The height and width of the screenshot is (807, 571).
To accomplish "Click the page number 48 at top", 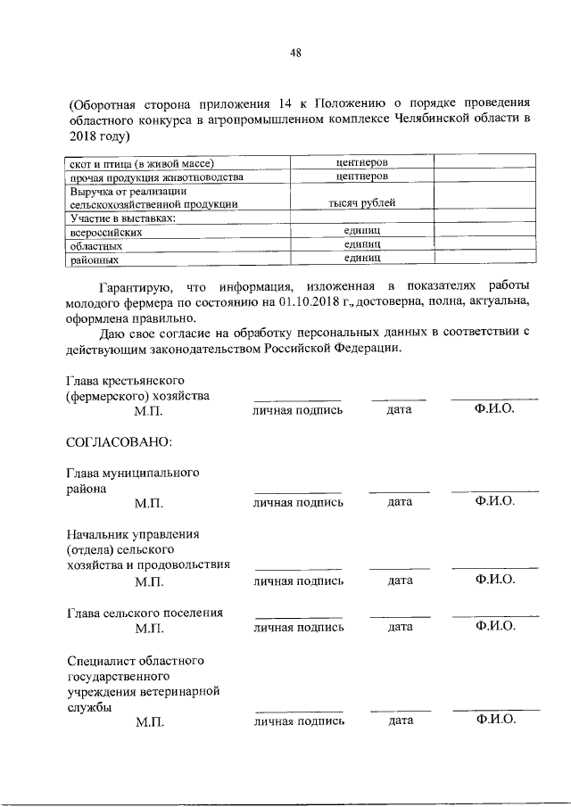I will click(x=295, y=53).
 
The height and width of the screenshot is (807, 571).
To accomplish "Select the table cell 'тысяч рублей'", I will click(x=361, y=203).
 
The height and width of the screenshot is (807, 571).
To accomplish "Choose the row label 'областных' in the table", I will click(x=95, y=245).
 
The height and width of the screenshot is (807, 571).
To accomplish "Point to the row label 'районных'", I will click(x=94, y=259).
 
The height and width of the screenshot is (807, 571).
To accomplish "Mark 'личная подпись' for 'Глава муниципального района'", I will click(x=298, y=502).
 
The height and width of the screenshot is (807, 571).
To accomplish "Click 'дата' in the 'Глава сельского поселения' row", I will click(x=400, y=627).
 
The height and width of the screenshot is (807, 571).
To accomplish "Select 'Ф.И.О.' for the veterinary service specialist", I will click(x=495, y=721).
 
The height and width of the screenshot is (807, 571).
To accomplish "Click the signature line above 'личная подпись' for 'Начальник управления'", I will click(x=298, y=569).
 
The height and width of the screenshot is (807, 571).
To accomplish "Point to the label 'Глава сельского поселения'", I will click(x=145, y=613).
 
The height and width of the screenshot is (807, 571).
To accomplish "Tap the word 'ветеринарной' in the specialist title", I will click(x=181, y=691).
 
